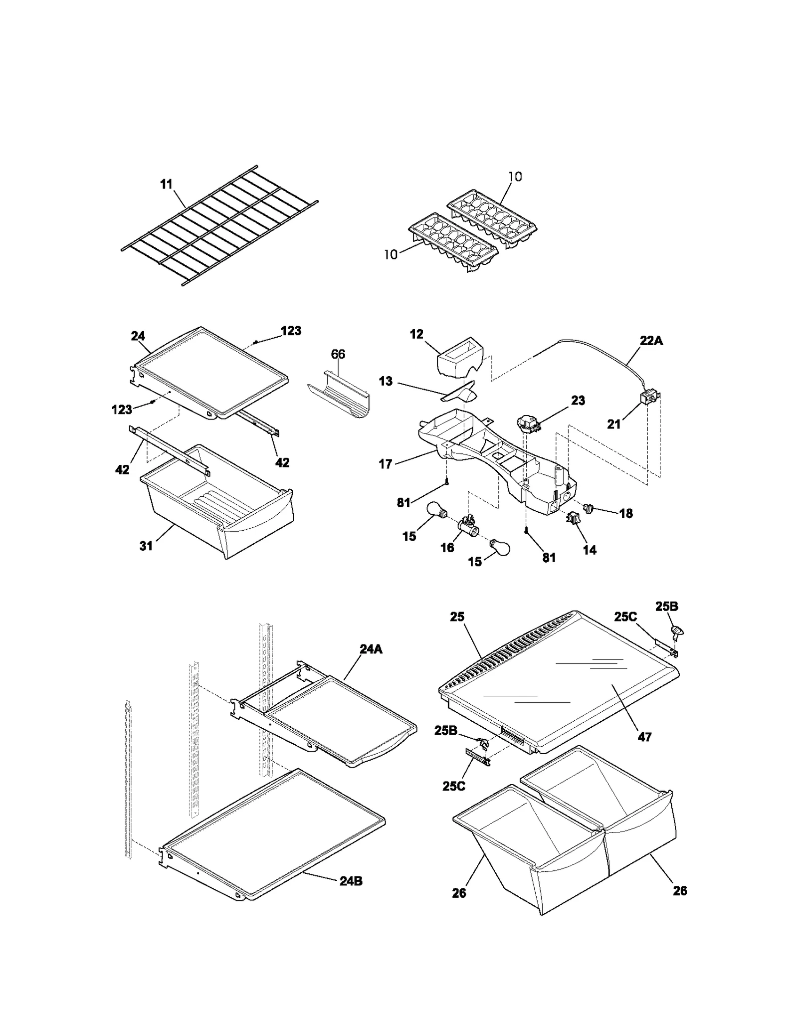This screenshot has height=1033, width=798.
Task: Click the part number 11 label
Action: [166, 185]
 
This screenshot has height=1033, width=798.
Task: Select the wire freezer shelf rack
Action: [219, 225]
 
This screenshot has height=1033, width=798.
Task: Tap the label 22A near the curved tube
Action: [651, 341]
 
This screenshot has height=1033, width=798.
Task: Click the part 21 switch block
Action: [649, 399]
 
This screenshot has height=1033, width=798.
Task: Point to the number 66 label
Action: [338, 354]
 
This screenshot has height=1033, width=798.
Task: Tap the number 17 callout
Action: [385, 464]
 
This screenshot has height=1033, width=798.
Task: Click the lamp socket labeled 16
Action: [467, 525]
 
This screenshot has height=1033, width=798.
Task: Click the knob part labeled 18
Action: [590, 508]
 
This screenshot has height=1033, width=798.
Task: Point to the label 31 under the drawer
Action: [146, 546]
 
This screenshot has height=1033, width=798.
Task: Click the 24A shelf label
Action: [371, 649]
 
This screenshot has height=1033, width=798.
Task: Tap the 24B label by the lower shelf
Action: [351, 881]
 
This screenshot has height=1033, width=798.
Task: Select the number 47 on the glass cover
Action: [644, 736]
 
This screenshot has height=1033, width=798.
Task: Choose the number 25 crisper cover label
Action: [457, 617]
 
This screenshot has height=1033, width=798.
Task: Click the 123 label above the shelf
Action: [291, 331]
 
